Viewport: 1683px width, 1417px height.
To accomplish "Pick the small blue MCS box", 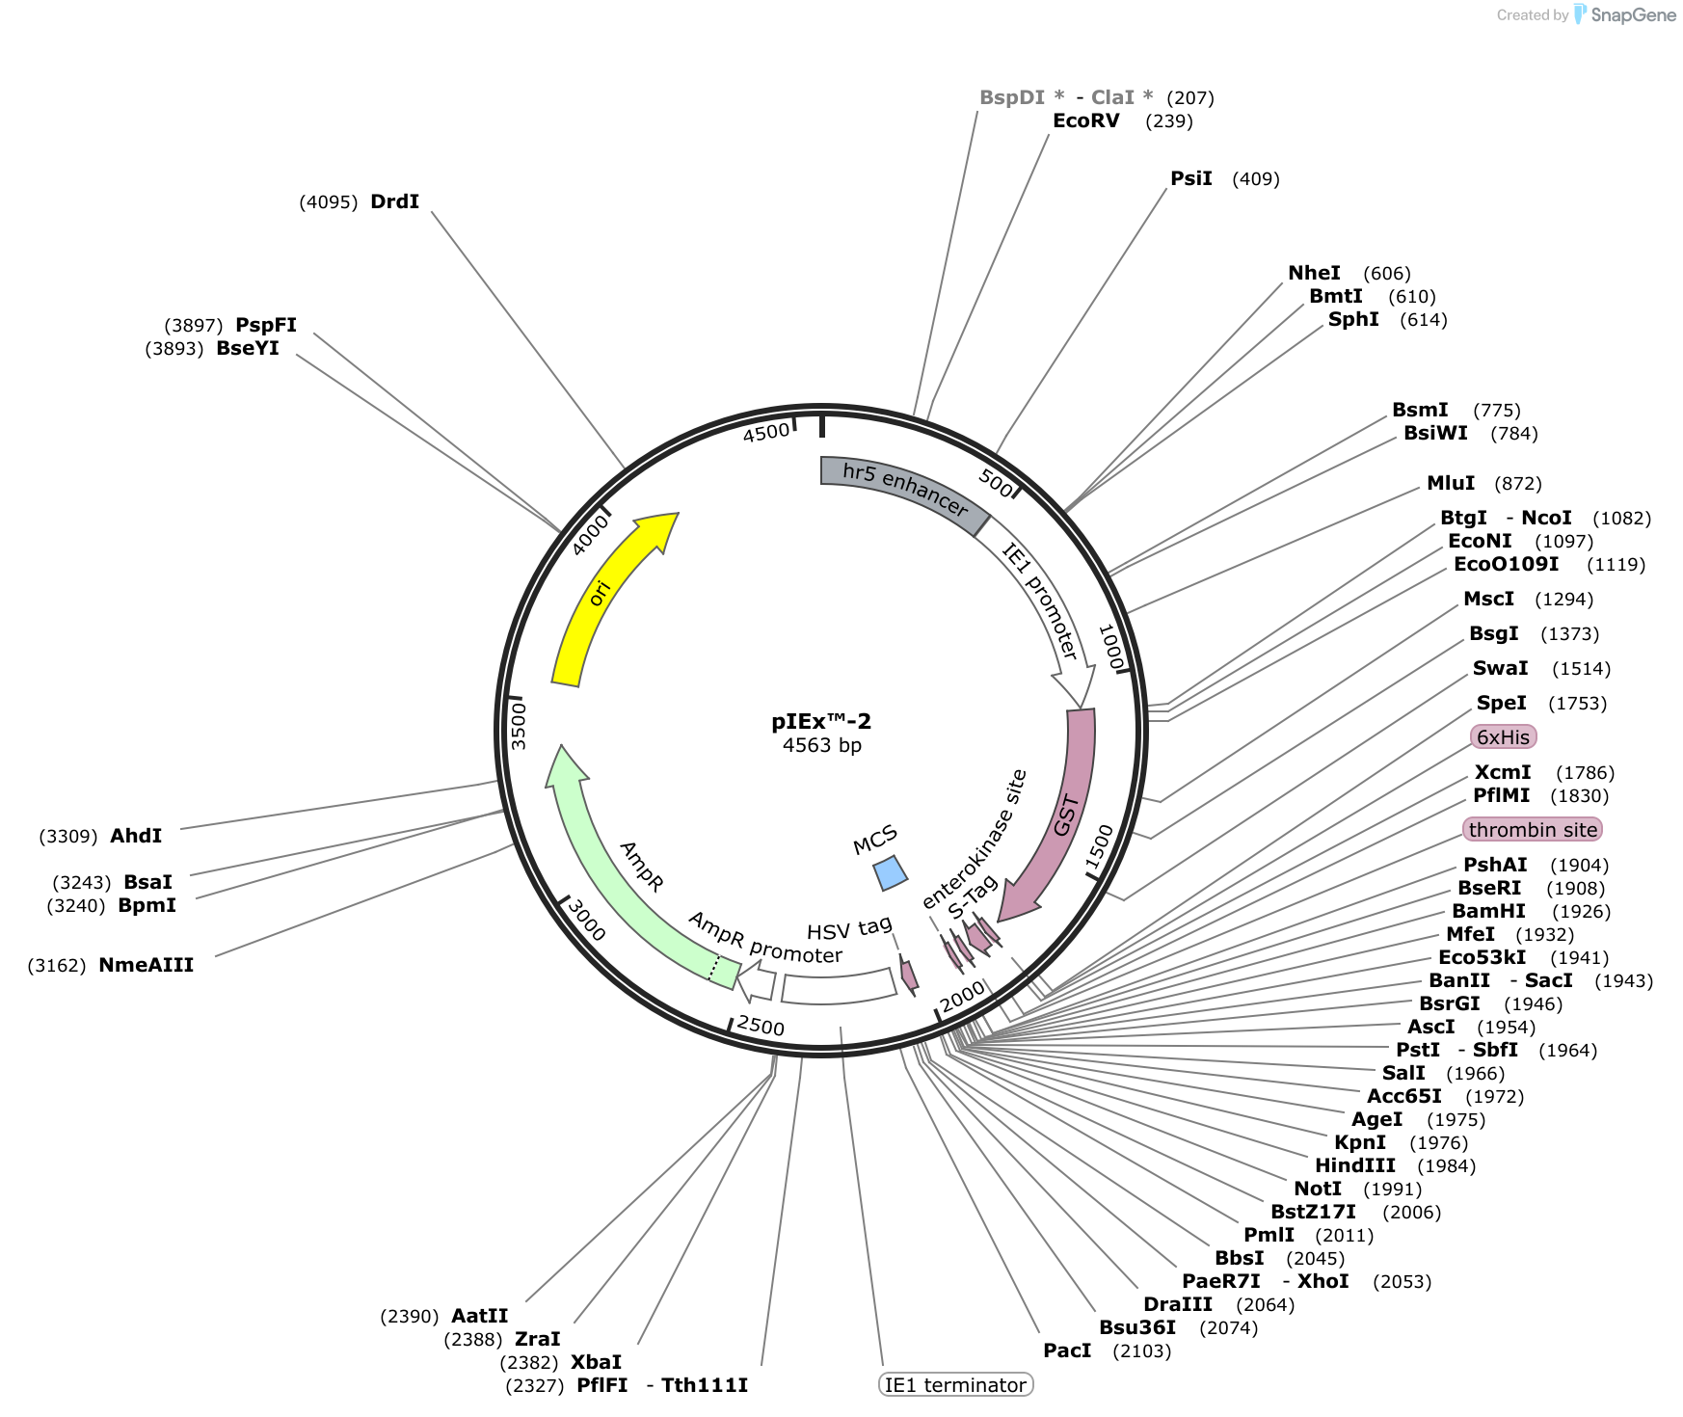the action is point(890,873).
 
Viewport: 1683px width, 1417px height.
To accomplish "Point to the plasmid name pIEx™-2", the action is point(821,721).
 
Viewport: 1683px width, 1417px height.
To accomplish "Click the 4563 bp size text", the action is point(821,745).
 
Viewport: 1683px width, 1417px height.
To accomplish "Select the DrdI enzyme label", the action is point(395,201).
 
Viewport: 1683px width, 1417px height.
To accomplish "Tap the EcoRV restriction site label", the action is point(1086,120).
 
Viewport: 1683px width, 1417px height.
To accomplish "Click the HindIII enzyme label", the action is point(1355,1165).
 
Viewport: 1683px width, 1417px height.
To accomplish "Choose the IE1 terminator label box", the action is point(956,1385).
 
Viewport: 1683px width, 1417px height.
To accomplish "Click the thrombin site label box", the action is point(1533,830).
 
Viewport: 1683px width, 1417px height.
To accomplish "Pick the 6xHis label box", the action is point(1504,737).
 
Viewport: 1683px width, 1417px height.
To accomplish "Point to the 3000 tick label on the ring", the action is point(587,920).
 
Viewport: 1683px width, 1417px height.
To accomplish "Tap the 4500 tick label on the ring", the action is point(766,433).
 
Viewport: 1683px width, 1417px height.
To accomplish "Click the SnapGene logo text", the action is point(1634,14).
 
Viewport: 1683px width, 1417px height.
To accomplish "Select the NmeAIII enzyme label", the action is point(147,965).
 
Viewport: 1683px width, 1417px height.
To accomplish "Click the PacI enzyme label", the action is point(1067,1350).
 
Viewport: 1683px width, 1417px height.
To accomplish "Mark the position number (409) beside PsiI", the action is point(1256,178).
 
